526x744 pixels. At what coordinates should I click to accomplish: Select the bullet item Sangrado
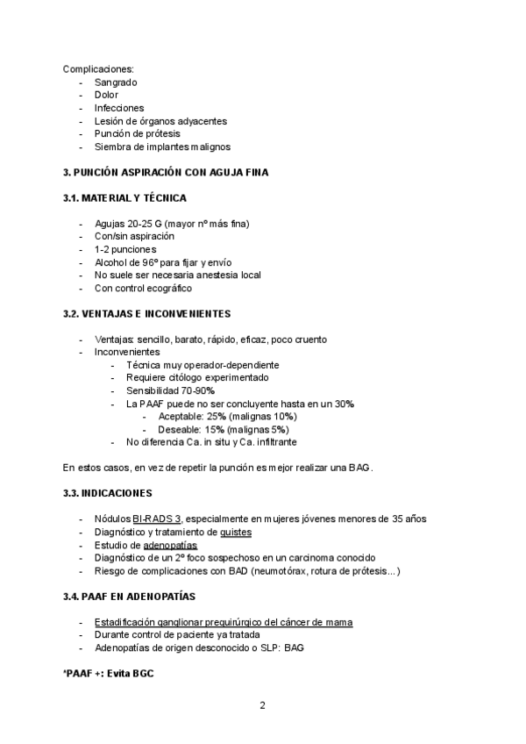(x=116, y=82)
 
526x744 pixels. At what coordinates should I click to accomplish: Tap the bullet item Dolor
(x=106, y=95)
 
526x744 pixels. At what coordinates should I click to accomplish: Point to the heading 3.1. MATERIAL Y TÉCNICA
(x=124, y=198)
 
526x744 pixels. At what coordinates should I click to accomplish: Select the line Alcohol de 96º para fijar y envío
(x=163, y=262)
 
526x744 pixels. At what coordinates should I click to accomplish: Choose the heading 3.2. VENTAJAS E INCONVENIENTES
(x=146, y=313)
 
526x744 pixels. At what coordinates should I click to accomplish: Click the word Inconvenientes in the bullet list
(x=127, y=352)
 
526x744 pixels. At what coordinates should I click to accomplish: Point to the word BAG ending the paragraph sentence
(x=360, y=468)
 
